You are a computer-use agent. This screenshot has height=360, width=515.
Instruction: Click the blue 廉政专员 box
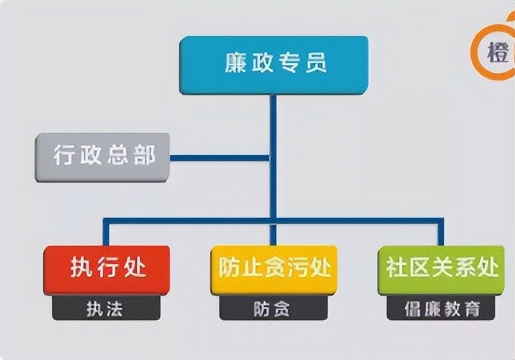tap(274, 65)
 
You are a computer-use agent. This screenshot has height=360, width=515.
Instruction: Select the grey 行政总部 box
tap(102, 157)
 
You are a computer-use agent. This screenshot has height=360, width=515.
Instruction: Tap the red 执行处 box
tap(106, 270)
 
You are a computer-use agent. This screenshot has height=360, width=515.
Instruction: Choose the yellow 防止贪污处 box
tap(274, 270)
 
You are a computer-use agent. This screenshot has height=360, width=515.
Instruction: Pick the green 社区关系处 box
tap(441, 270)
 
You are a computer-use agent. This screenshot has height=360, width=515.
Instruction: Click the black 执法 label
tap(106, 308)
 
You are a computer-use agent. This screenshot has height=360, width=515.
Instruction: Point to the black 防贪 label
tap(274, 308)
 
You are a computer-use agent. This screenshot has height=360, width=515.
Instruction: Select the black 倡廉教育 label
tap(441, 308)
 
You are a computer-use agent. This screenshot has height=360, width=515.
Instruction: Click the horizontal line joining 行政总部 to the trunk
tap(219, 158)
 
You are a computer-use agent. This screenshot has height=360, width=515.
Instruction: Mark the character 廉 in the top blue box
tap(235, 64)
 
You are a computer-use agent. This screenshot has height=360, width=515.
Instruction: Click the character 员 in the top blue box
tap(313, 64)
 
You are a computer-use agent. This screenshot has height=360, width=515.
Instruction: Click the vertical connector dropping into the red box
tap(106, 233)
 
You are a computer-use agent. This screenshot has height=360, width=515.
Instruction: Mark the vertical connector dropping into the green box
tap(441, 233)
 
